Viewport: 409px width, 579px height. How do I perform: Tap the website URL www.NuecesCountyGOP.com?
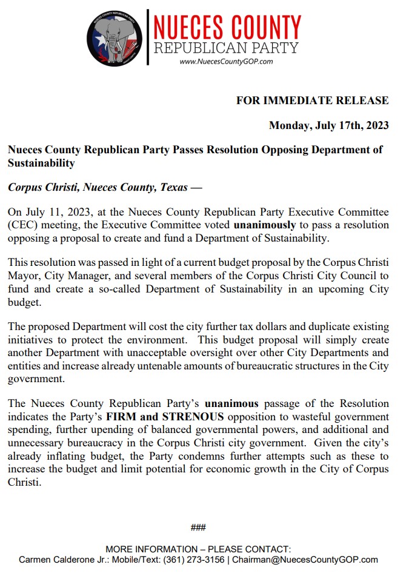click(226, 61)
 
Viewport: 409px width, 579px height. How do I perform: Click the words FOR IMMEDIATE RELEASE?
click(312, 101)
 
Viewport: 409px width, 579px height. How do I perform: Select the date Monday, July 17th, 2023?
click(328, 126)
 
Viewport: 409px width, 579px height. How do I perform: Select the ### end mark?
click(198, 528)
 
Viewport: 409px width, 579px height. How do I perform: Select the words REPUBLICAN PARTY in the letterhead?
click(226, 48)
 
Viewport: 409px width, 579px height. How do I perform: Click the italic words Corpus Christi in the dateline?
click(42, 187)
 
